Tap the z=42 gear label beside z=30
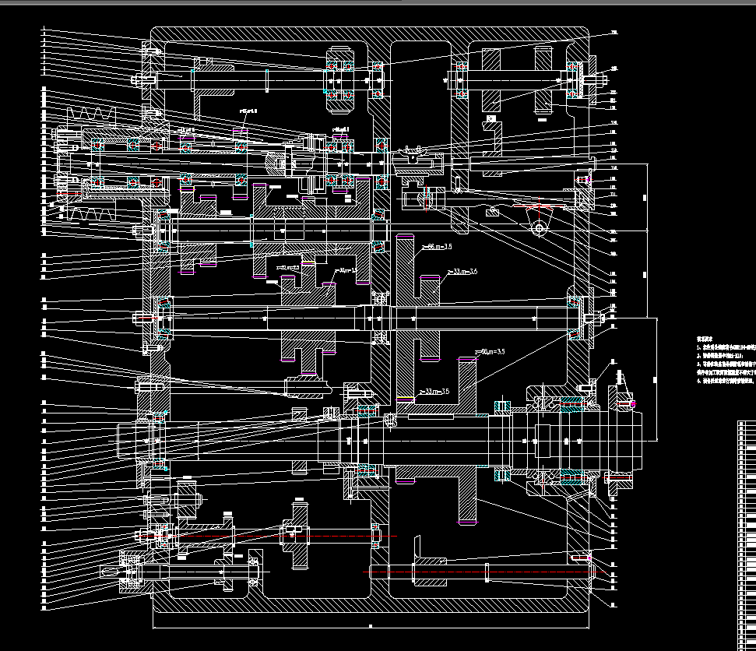pyautogui.click(x=288, y=267)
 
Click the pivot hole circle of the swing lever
pyautogui.click(x=538, y=228)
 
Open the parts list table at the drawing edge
pyautogui.click(x=746, y=537)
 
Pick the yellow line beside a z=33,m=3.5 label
pyautogui.click(x=405, y=399)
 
